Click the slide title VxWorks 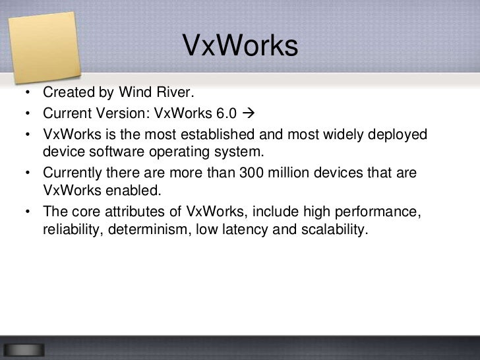240,46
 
